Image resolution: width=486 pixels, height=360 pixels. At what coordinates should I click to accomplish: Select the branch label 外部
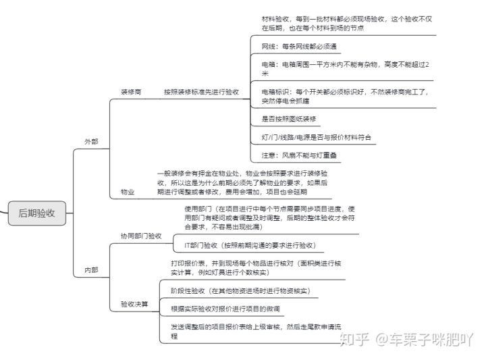click(90, 142)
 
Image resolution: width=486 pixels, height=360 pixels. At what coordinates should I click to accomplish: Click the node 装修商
click(130, 91)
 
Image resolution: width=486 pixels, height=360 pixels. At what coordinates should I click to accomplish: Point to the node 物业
click(127, 192)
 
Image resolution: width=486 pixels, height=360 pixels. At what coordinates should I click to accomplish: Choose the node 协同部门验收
click(141, 236)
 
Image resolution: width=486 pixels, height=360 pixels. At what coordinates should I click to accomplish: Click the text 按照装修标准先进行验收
click(201, 91)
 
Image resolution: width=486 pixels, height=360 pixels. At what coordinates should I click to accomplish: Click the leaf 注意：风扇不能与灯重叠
click(299, 155)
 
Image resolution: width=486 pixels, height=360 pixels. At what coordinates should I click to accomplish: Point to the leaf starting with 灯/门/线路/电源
click(318, 137)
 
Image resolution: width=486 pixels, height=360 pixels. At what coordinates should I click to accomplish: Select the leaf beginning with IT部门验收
click(248, 245)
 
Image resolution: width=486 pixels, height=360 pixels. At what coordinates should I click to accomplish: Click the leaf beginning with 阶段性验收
click(240, 290)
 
